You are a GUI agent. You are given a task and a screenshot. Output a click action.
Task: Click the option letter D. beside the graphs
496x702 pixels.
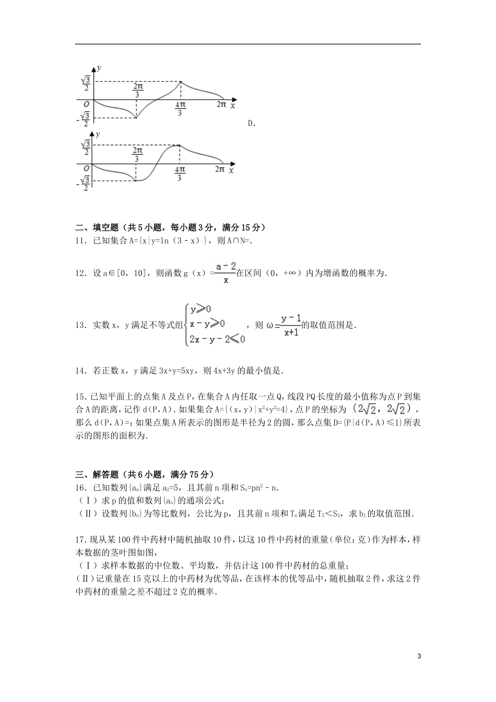point(252,124)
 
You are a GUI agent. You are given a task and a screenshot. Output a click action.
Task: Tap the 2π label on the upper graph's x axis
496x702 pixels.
point(221,104)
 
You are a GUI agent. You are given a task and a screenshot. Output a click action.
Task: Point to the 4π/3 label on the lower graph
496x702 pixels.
point(180,173)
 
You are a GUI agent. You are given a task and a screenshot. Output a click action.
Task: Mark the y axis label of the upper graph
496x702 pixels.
point(99,68)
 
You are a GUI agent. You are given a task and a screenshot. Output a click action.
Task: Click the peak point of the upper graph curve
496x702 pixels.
point(181,81)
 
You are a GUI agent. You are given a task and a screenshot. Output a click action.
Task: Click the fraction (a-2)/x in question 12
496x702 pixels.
point(226,273)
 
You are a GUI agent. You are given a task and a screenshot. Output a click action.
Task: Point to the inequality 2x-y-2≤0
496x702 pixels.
point(217,339)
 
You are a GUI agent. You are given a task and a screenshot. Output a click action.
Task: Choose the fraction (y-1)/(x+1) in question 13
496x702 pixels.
point(291,325)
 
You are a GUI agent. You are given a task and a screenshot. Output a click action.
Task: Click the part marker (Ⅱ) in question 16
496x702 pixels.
point(84,514)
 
